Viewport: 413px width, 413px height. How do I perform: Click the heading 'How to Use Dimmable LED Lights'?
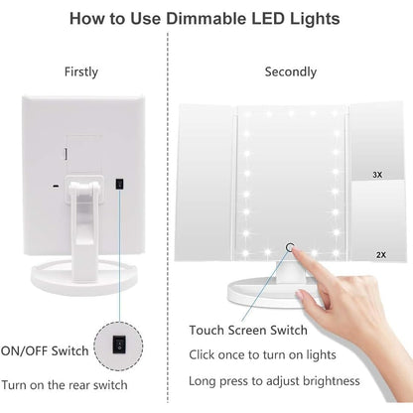206,18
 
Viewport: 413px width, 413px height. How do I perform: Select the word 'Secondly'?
291,71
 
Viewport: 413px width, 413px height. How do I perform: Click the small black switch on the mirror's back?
119,184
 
